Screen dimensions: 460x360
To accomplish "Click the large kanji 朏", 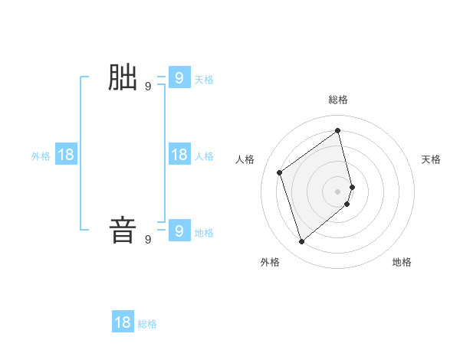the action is tap(123, 78).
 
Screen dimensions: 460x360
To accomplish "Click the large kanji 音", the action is tap(123, 231).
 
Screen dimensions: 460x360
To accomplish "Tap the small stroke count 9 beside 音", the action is tap(148, 240).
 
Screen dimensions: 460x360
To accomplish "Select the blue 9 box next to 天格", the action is tap(179, 77).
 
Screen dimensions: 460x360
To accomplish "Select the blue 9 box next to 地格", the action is tap(179, 230).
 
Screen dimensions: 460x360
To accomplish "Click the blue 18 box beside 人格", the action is tap(179, 155).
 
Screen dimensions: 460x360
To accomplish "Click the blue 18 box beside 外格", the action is tap(66, 155).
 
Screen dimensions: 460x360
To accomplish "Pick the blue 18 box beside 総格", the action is tap(123, 322).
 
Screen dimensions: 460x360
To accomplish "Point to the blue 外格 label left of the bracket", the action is tap(41, 156).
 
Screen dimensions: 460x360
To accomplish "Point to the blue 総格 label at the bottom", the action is tap(147, 324).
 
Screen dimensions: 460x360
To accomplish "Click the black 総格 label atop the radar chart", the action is tap(338, 100).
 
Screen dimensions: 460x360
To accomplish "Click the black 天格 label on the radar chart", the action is tap(431, 159).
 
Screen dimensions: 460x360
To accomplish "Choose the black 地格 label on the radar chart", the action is tap(402, 262).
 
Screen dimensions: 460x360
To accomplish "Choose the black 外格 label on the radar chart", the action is tap(270, 262).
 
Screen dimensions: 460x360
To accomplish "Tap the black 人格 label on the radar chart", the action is tap(245, 159).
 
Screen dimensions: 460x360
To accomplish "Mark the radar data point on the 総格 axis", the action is tap(338, 130).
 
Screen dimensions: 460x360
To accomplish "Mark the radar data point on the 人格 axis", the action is tap(280, 172).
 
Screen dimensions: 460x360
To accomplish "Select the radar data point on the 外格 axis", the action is tap(302, 242).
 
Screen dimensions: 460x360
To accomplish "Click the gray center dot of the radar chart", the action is tap(338, 191).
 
